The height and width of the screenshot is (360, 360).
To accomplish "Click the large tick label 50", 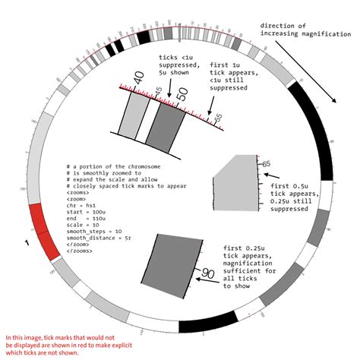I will pos(182,94).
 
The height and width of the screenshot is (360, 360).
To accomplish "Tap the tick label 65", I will pos(266,163).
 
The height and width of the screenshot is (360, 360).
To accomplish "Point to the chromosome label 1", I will pos(28,243).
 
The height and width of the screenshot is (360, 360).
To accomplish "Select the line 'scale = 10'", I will pos(85,225).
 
